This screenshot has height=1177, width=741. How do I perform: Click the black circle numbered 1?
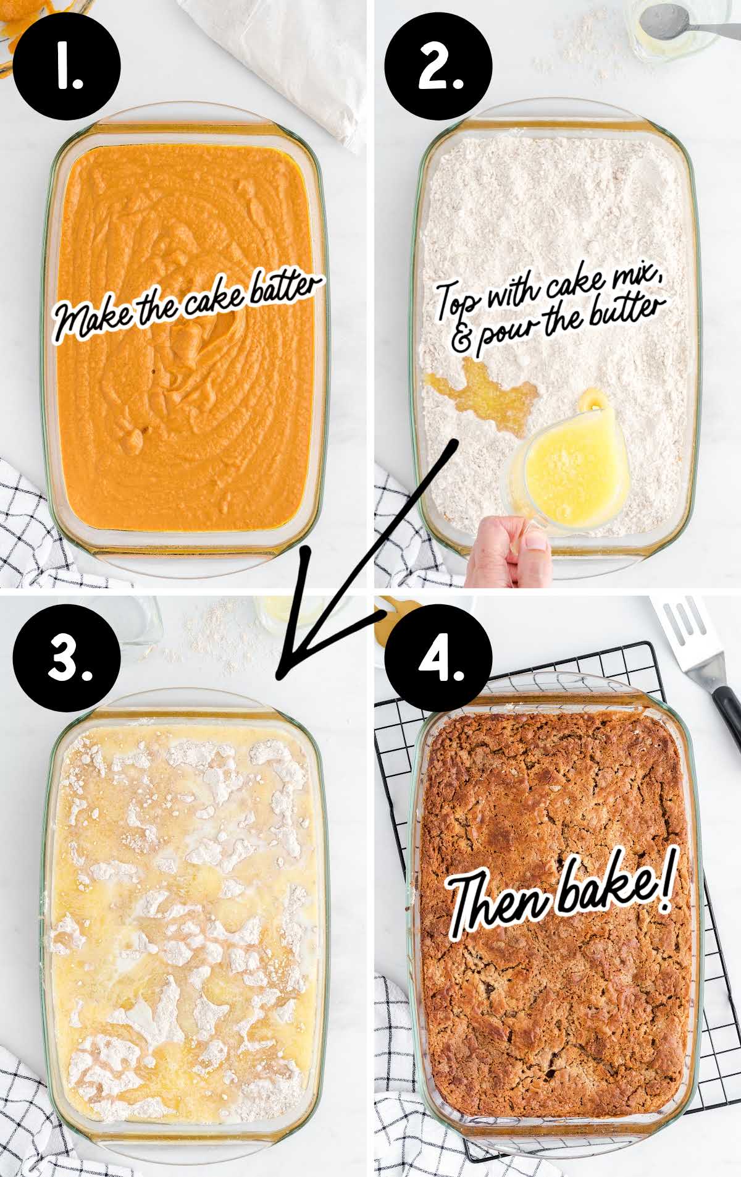click(67, 67)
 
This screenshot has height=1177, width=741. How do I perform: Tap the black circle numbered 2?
click(438, 67)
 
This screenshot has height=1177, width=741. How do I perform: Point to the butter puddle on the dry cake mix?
click(482, 395)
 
